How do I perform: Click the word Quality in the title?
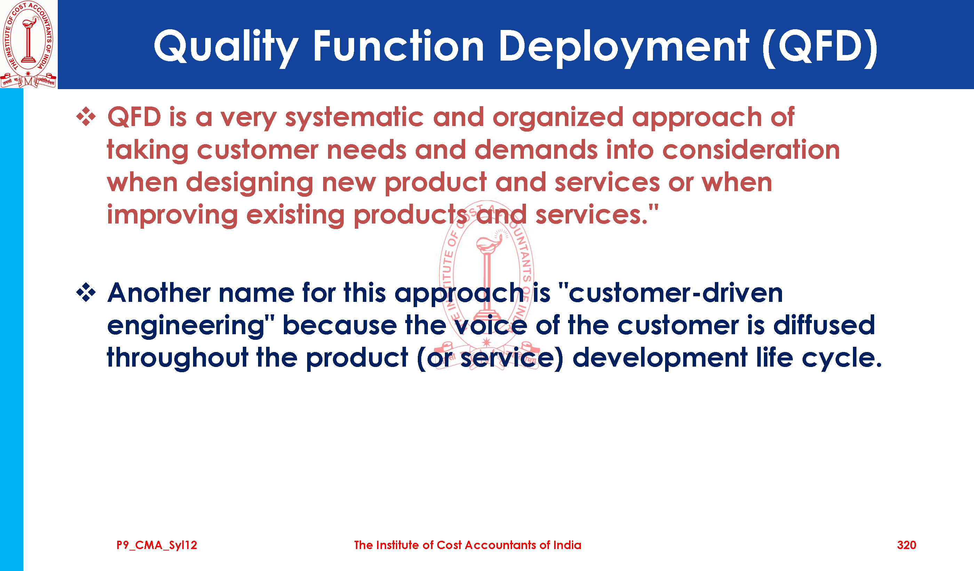tap(226, 48)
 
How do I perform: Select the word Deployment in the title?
tap(623, 48)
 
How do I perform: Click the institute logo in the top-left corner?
tap(28, 44)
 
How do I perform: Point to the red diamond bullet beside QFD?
tap(86, 117)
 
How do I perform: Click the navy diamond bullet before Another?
tap(86, 293)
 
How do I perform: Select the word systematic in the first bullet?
tap(354, 118)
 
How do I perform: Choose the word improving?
tap(173, 216)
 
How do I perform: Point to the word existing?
tap(295, 216)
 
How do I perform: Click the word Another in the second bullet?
tap(159, 293)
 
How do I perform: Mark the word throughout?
tap(177, 358)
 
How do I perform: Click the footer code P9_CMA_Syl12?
tap(157, 545)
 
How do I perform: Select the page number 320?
tap(907, 545)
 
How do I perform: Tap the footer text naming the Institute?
tap(468, 545)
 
